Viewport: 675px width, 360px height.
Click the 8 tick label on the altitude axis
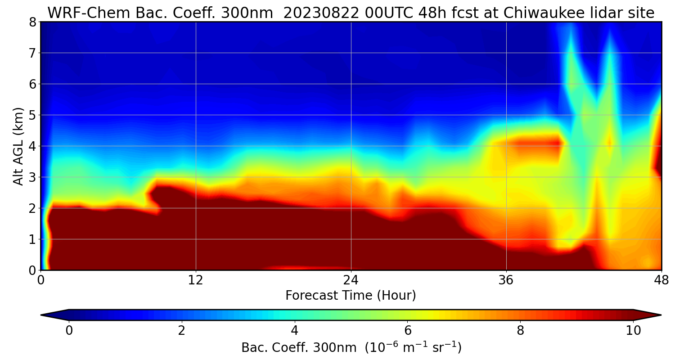32,22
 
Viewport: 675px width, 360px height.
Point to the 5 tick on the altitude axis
32,115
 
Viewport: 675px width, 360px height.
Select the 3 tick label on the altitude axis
32,177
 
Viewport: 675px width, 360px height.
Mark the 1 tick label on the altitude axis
32,239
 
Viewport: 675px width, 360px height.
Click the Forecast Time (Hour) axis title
351,296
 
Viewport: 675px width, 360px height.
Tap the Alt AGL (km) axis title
18,146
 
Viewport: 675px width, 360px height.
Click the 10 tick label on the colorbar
633,331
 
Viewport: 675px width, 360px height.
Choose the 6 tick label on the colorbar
408,331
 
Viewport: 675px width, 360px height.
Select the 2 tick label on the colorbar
182,331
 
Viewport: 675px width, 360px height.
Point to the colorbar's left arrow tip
42,315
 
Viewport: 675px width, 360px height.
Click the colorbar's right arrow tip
660,315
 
